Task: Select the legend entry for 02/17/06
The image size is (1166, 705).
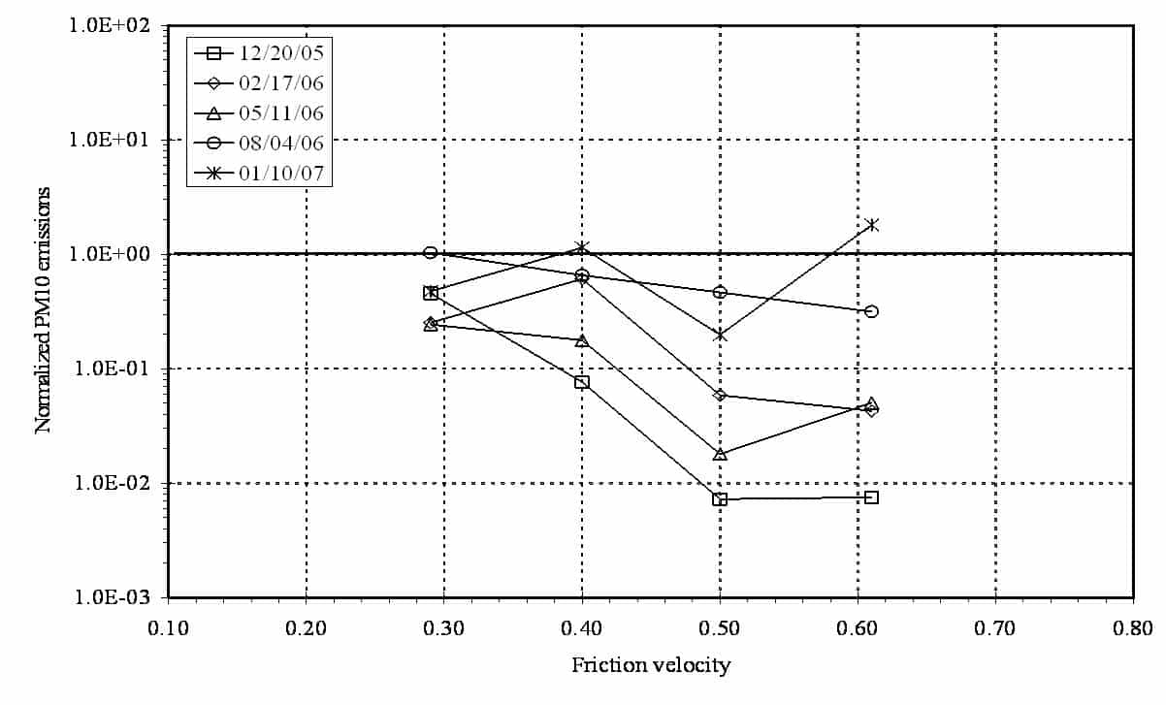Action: click(260, 82)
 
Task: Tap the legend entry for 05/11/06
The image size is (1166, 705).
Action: click(260, 112)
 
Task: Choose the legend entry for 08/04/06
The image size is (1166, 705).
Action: click(260, 143)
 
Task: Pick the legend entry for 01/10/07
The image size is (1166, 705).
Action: click(260, 174)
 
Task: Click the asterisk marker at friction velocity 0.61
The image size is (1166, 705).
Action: click(872, 225)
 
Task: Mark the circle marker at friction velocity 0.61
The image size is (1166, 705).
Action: click(871, 311)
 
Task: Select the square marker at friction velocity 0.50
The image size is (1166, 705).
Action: click(720, 499)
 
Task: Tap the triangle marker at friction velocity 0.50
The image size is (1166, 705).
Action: click(720, 454)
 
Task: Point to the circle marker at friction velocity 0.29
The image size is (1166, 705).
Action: click(430, 252)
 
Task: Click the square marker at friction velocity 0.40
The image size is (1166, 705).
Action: click(582, 382)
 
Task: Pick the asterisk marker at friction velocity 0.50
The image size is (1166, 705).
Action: click(720, 336)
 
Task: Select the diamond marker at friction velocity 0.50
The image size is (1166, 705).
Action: click(720, 395)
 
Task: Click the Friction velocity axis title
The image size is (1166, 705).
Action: click(651, 665)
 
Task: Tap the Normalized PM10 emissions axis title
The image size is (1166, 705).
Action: click(44, 311)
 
